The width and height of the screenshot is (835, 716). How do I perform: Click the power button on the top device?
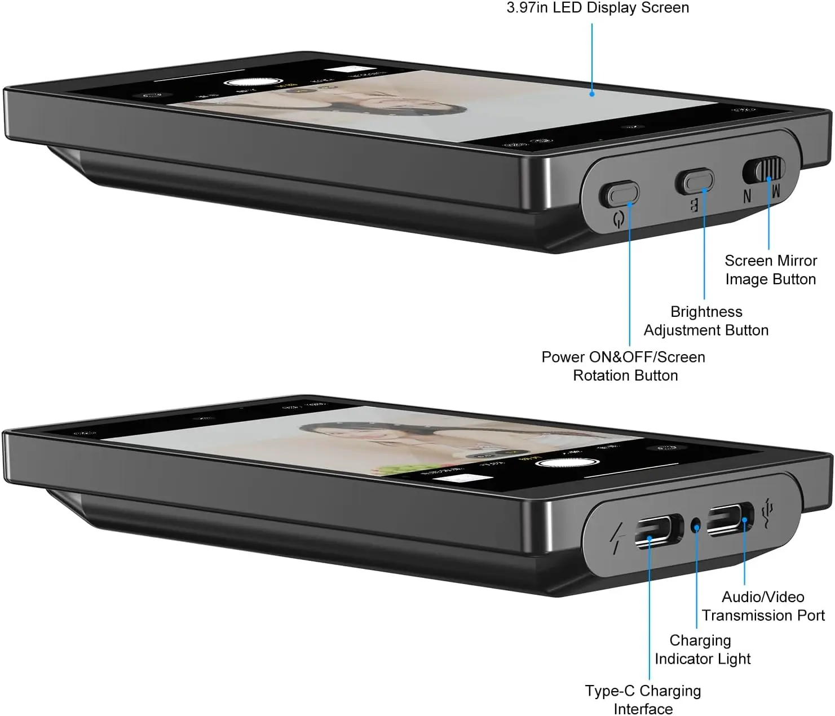click(x=618, y=195)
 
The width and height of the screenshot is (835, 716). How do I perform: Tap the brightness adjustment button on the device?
click(x=695, y=182)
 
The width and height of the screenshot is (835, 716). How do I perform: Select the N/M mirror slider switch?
click(x=764, y=169)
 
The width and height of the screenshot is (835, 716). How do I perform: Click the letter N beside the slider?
click(x=748, y=196)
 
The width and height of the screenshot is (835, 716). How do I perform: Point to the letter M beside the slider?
click(x=775, y=191)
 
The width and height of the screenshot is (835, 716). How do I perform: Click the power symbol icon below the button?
click(x=618, y=219)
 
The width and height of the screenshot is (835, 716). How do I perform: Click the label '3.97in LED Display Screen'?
click(x=598, y=7)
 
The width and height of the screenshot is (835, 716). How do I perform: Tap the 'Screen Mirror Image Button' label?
click(x=770, y=270)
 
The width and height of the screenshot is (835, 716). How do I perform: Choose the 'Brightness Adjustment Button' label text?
click(x=706, y=321)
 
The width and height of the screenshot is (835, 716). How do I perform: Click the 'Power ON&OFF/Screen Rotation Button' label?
click(x=624, y=366)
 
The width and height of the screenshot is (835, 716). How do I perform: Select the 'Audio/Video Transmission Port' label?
click(x=763, y=606)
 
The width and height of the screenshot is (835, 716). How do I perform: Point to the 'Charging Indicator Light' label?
click(x=703, y=649)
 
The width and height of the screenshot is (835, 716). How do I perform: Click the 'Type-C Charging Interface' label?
click(x=643, y=700)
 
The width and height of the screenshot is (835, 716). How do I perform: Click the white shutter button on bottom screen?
click(x=568, y=463)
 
